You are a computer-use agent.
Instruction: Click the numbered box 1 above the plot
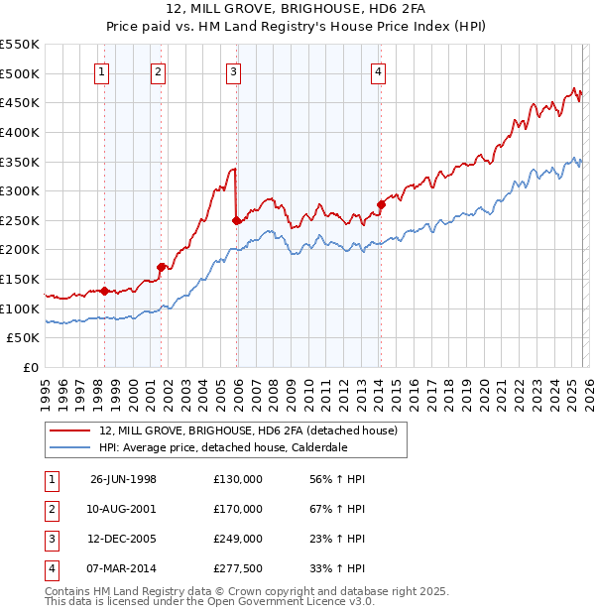[104, 70]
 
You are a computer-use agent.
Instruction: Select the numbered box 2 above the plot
[159, 70]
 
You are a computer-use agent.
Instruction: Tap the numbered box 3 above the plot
[233, 70]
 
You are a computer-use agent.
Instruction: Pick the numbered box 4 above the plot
[379, 70]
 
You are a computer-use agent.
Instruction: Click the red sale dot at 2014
[381, 204]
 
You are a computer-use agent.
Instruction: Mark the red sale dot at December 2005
[236, 220]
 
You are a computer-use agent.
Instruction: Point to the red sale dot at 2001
[161, 267]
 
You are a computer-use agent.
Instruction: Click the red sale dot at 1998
[104, 291]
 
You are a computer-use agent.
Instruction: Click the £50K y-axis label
[24, 337]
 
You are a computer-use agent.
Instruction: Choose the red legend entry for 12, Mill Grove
[248, 430]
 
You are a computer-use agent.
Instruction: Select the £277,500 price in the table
[238, 568]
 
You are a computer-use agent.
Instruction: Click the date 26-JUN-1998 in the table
[123, 479]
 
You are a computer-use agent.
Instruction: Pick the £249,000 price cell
[238, 539]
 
